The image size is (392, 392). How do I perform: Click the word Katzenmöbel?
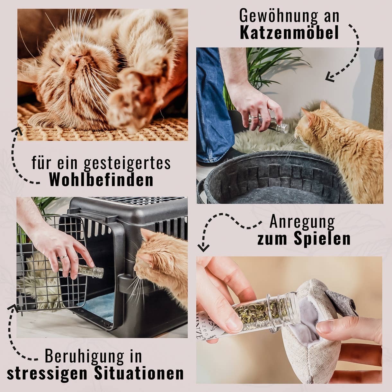click(289, 33)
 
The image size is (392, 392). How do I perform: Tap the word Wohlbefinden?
click(101, 180)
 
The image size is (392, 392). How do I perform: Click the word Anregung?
click(302, 222)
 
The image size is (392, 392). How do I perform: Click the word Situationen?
click(139, 373)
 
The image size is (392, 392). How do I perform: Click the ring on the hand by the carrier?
click(63, 257)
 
